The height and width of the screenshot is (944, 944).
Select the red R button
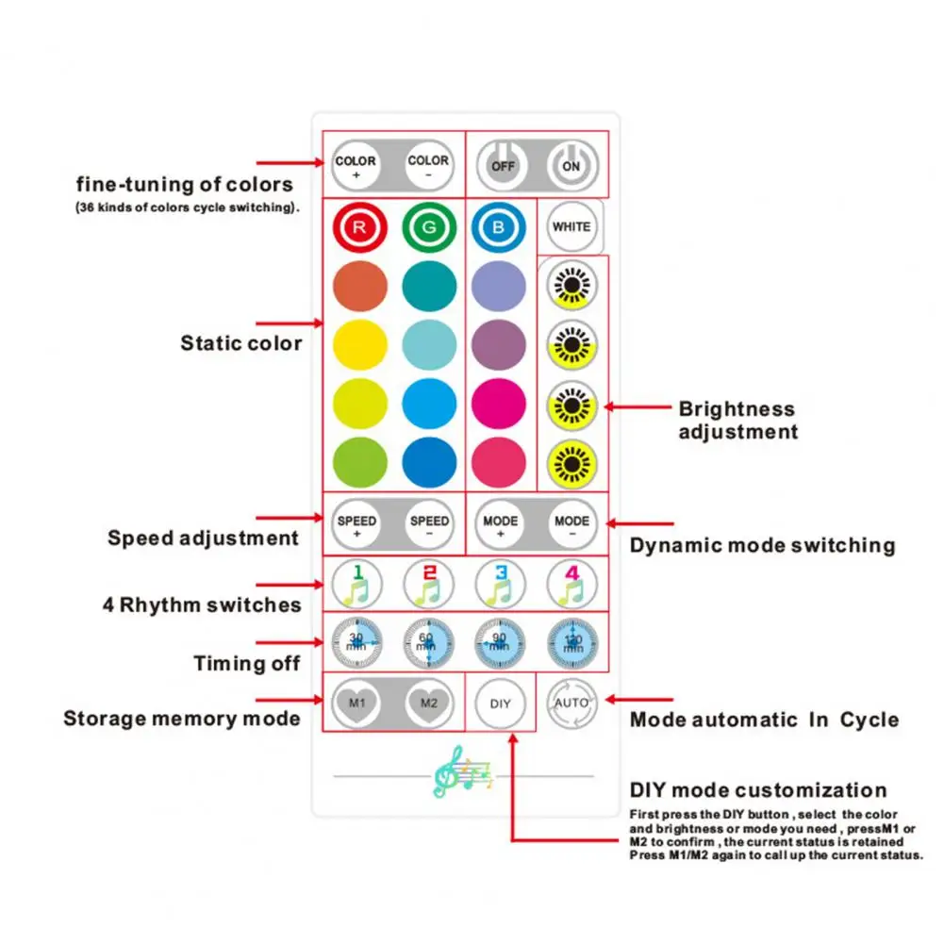pyautogui.click(x=359, y=226)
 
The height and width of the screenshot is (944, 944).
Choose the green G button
pyautogui.click(x=429, y=226)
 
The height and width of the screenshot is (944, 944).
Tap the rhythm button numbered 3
pyautogui.click(x=500, y=586)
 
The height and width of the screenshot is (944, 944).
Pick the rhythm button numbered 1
pyautogui.click(x=356, y=586)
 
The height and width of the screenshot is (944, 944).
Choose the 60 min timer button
pyautogui.click(x=428, y=643)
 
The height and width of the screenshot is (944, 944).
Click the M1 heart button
pyautogui.click(x=356, y=703)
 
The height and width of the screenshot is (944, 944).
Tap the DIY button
pyautogui.click(x=500, y=704)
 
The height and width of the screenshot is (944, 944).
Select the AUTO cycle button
pyautogui.click(x=571, y=703)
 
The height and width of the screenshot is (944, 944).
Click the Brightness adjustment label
pyautogui.click(x=737, y=421)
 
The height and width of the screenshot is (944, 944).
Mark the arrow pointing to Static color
pyautogui.click(x=288, y=323)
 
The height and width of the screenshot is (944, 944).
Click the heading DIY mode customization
pyautogui.click(x=758, y=790)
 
